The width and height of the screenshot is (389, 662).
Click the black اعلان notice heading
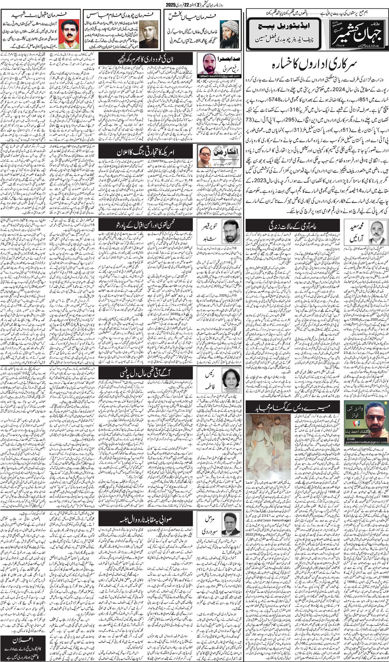pyautogui.click(x=23, y=639)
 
